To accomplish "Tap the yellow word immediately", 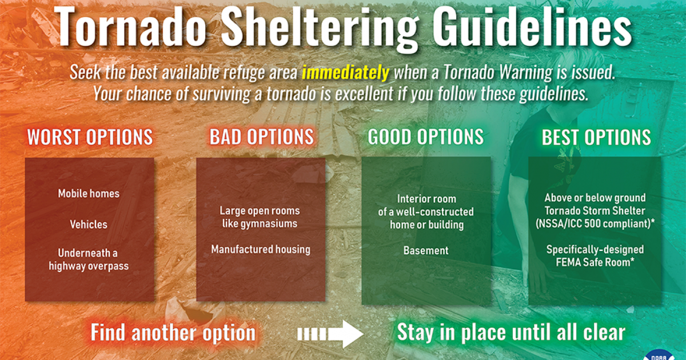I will coord(345,73).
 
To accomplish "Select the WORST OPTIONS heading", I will coord(90,137).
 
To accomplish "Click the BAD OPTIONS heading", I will coord(261,137).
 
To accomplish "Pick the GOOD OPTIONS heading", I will coord(426,137).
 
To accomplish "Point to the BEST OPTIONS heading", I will coord(596,138).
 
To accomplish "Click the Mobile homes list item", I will coord(89,194).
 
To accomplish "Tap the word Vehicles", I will coord(89,224).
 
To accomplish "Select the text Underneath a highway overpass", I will coord(89,259).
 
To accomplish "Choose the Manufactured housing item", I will coord(261,249).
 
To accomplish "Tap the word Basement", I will coord(426,250).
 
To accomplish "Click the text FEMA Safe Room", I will coord(595,262).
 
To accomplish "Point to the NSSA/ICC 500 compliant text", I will coord(595,224).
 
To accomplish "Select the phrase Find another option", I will coord(173,333).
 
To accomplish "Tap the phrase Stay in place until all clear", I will coord(511,333).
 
